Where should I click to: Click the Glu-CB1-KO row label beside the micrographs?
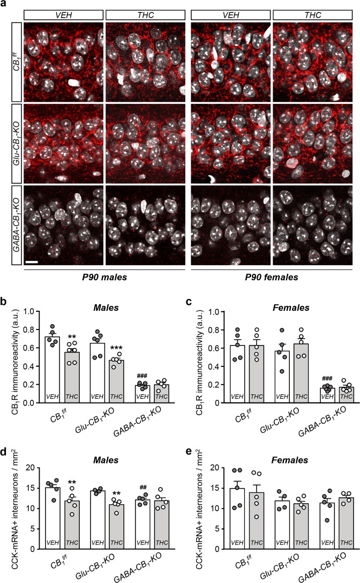[x=16, y=142]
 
